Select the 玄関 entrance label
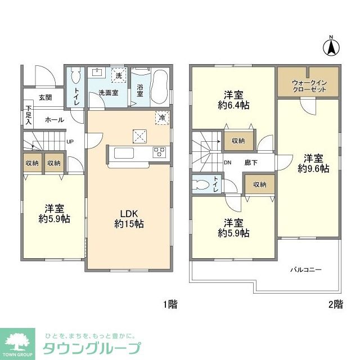46,97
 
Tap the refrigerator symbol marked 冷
162,118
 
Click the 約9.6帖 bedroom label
314,164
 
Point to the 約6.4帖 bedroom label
234,100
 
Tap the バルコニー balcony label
305,270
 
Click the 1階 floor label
170,305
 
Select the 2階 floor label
335,305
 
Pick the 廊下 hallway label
251,163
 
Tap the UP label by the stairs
70,142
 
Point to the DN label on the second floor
228,163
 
